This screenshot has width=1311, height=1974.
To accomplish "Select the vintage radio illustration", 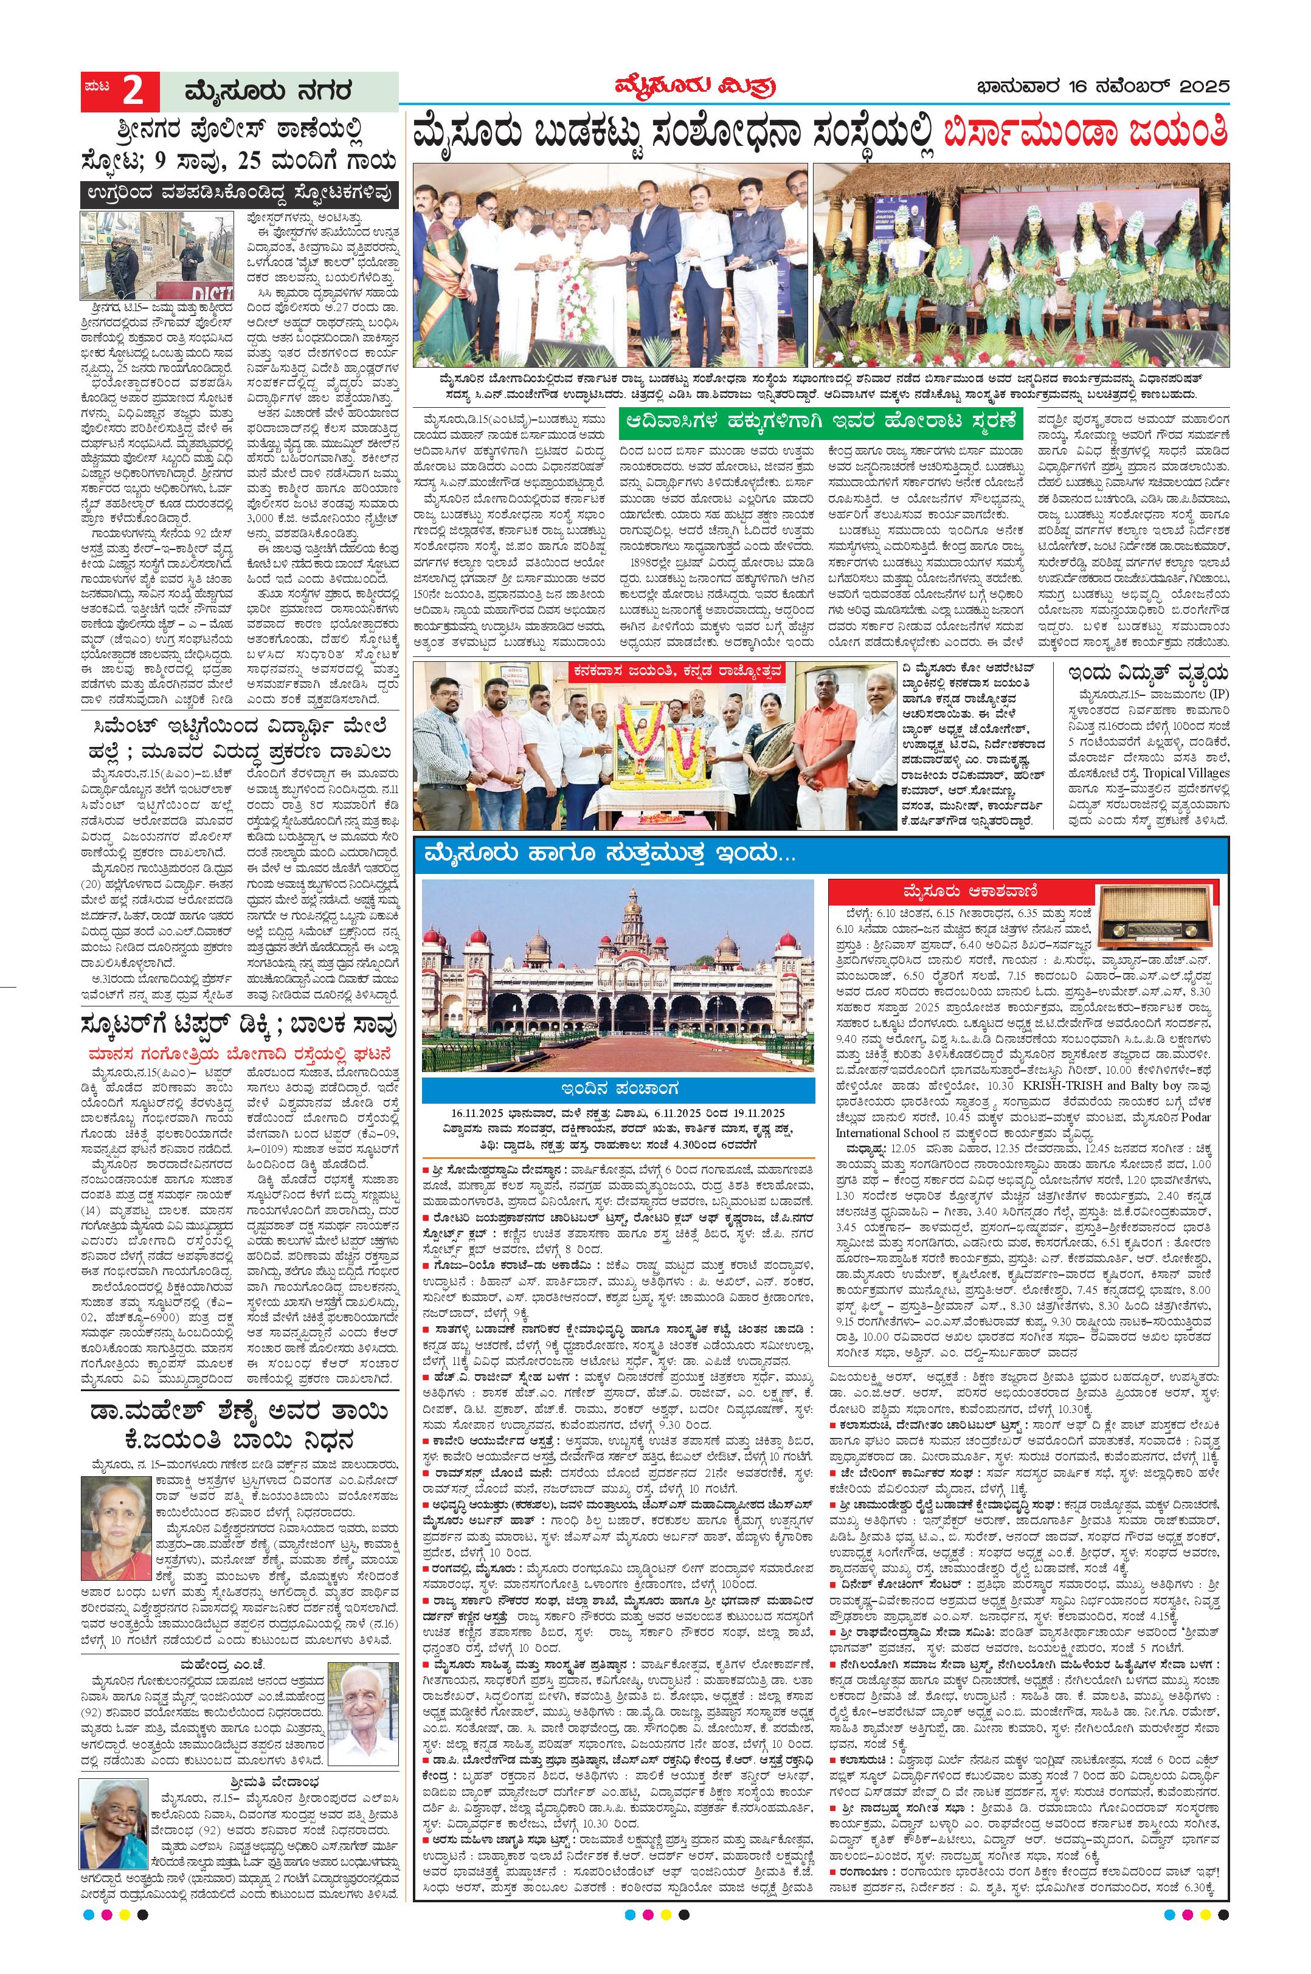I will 1143,916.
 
